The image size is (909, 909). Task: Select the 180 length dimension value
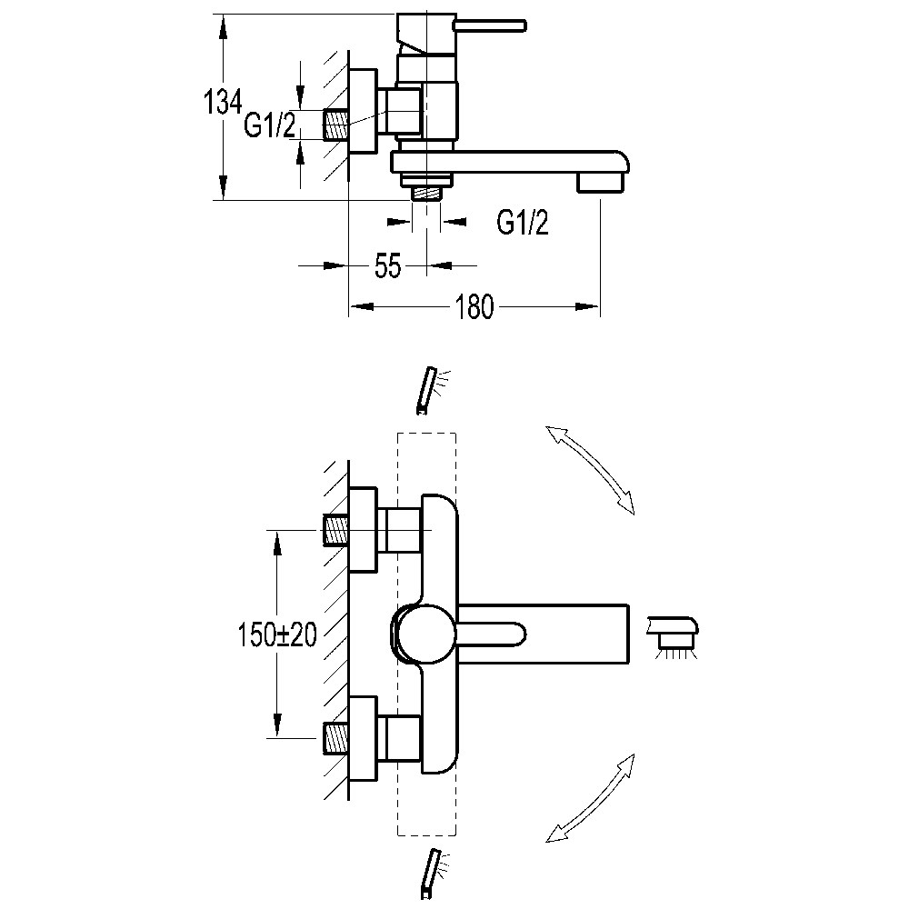[x=474, y=307]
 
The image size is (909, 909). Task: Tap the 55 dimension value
[x=388, y=266]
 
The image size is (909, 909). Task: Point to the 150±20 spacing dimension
[x=277, y=635]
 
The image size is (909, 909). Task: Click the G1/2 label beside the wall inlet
[x=270, y=125]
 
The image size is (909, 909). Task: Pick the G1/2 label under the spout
[x=523, y=221]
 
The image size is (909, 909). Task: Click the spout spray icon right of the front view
[x=674, y=634]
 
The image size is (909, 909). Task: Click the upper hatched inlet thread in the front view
[x=336, y=529]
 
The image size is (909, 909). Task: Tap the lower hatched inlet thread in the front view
[x=336, y=738]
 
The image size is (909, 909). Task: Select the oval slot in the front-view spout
[x=494, y=634]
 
